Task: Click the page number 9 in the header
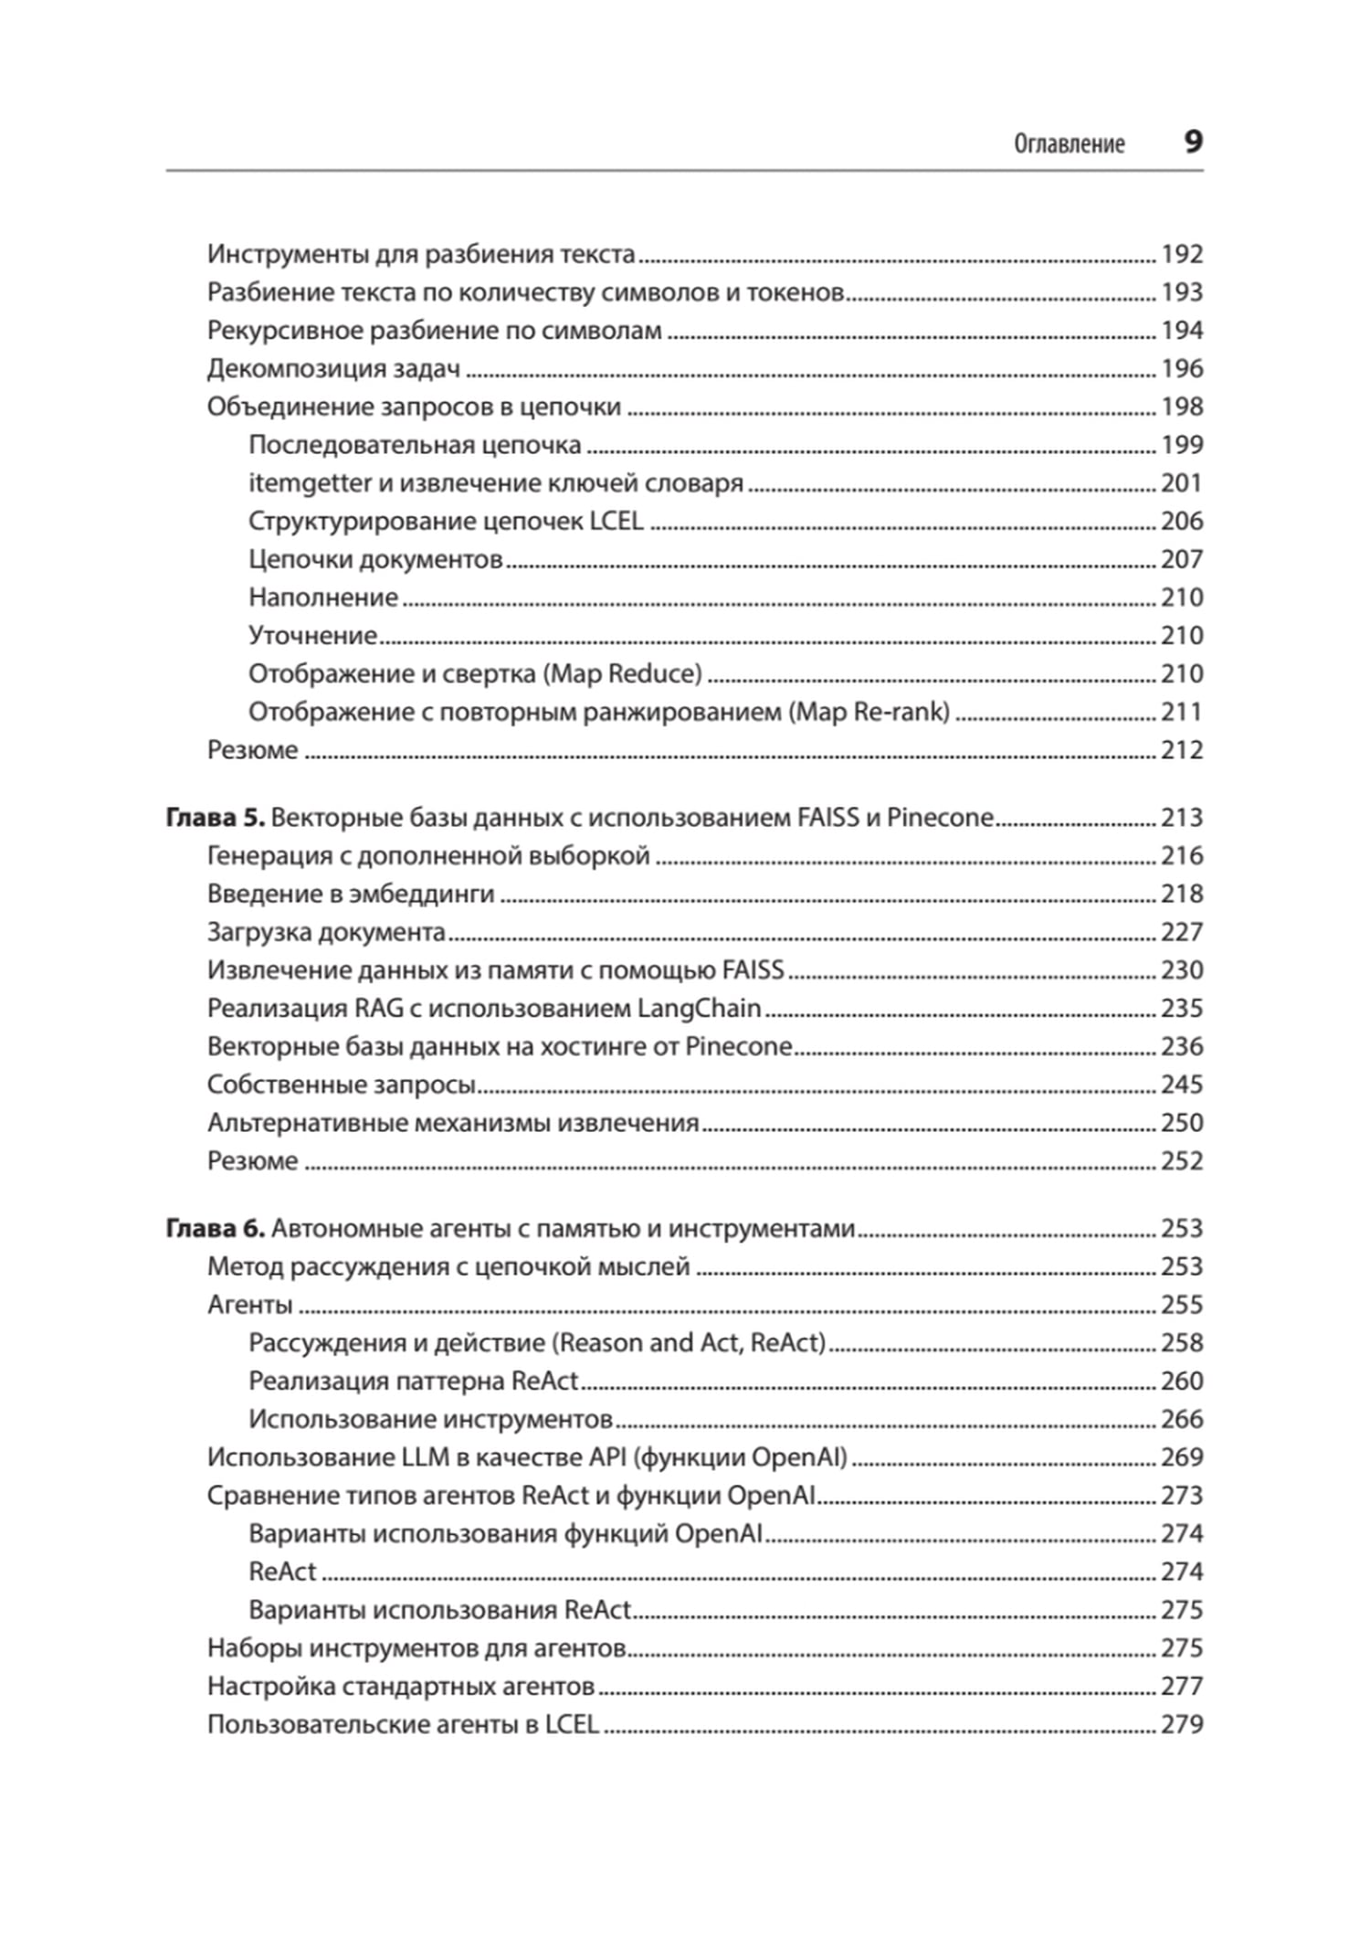pos(1193,143)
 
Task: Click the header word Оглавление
pos(1069,144)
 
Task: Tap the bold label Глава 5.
pos(215,817)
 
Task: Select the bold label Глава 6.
pos(215,1228)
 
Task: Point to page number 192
pos(1181,254)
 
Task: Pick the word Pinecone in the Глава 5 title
pos(940,817)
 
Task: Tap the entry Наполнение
pos(323,597)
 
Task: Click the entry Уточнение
pos(312,635)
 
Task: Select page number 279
pos(1181,1724)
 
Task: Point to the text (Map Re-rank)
pos(869,712)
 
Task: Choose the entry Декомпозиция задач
pos(333,368)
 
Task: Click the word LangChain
pos(699,1008)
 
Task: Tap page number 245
pos(1181,1085)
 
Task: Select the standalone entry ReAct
pos(282,1572)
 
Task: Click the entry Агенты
pos(249,1305)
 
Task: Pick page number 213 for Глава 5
pos(1181,817)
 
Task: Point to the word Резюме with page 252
pos(252,1160)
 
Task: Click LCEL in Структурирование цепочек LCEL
pos(616,521)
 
